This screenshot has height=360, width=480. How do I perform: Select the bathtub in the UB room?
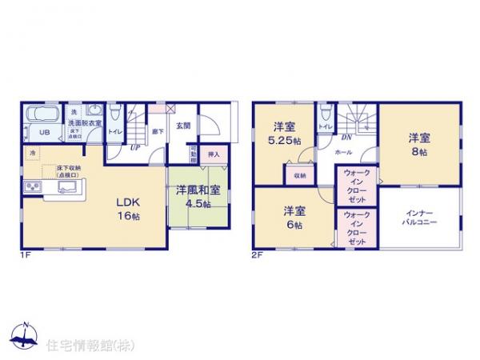pyautogui.click(x=42, y=117)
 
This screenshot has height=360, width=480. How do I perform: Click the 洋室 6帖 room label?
pyautogui.click(x=293, y=218)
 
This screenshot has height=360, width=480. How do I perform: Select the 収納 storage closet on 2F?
pyautogui.click(x=299, y=175)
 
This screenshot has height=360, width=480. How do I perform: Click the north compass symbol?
pyautogui.click(x=26, y=334)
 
